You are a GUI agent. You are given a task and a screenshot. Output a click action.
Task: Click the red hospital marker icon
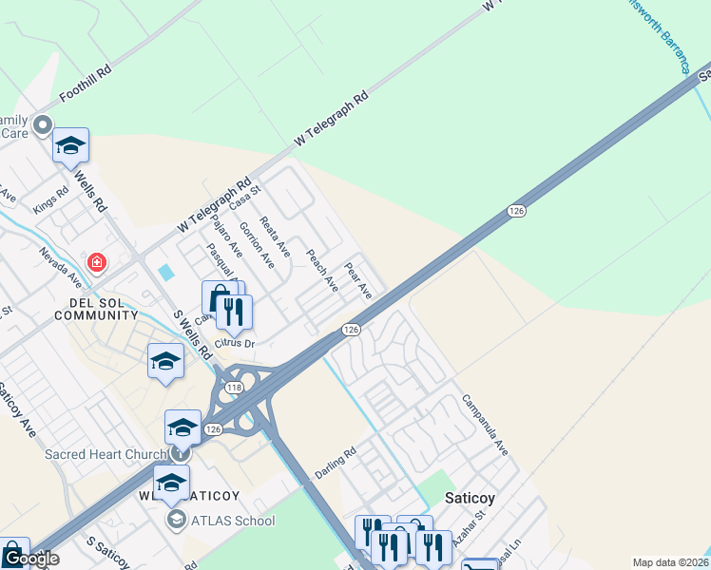[96, 261]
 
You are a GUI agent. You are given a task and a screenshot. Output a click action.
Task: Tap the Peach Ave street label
[321, 270]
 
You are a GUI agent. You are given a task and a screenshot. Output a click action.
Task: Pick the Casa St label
[244, 199]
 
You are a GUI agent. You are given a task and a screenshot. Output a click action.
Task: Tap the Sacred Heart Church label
[105, 454]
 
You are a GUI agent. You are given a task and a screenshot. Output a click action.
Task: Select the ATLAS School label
[233, 521]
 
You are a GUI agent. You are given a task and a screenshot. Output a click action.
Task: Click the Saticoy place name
[470, 497]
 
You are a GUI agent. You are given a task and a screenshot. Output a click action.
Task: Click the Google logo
[30, 559]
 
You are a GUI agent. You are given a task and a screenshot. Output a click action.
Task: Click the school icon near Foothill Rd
[70, 145]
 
